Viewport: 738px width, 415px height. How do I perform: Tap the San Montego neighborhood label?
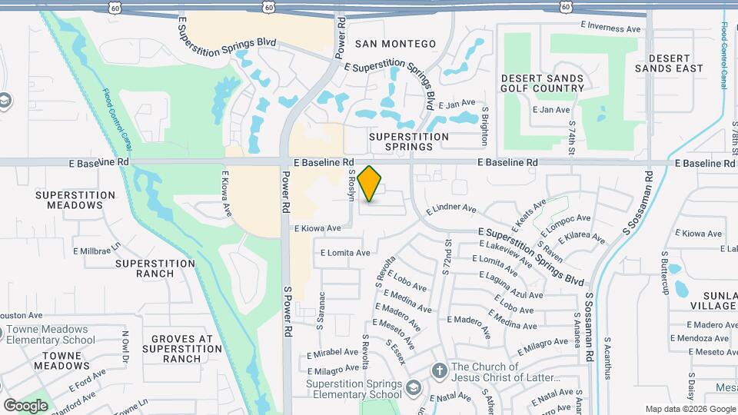click(395, 44)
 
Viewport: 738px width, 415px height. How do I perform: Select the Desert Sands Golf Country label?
click(543, 83)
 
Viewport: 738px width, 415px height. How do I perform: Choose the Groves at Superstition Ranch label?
click(181, 348)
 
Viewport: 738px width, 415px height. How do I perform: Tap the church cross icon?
click(439, 371)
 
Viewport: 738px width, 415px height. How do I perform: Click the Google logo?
click(25, 405)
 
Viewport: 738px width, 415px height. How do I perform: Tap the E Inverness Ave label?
click(611, 28)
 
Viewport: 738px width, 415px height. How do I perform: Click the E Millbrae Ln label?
click(98, 251)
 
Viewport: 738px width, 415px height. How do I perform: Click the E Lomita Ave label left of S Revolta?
click(345, 252)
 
